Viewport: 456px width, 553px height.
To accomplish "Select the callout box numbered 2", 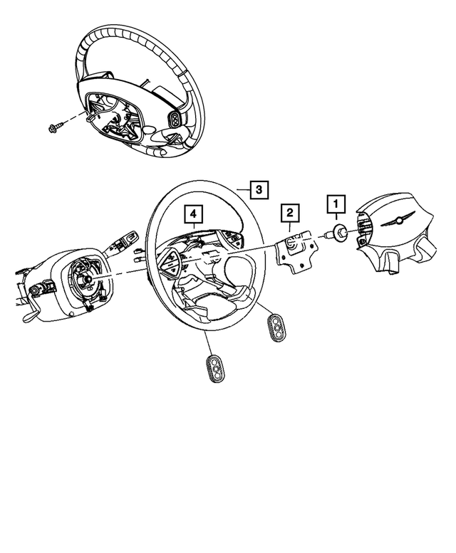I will (x=289, y=211).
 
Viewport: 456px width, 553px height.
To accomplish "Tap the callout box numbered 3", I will (x=259, y=189).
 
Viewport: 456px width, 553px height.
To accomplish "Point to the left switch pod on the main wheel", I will (x=173, y=259).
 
